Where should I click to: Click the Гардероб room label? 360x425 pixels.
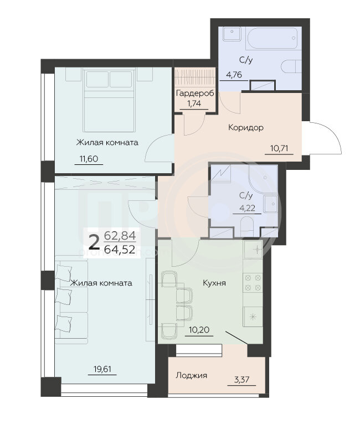195,94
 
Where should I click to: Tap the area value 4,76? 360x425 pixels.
234,75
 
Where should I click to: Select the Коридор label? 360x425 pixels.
246,127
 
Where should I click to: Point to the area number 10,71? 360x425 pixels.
279,148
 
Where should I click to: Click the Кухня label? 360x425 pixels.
214,283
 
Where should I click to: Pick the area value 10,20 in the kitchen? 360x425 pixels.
199,330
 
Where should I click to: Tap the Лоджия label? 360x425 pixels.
191,375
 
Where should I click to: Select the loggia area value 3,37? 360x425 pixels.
241,380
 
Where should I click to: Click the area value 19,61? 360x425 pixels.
102,369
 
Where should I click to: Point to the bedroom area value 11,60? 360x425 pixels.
89,159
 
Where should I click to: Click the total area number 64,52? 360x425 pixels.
120,250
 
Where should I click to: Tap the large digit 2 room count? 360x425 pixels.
94,242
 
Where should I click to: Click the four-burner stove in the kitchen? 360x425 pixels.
253,282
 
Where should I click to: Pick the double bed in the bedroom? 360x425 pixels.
109,100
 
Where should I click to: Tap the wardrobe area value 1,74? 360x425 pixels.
194,103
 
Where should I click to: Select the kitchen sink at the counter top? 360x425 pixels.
253,250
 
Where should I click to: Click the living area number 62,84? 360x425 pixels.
120,236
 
